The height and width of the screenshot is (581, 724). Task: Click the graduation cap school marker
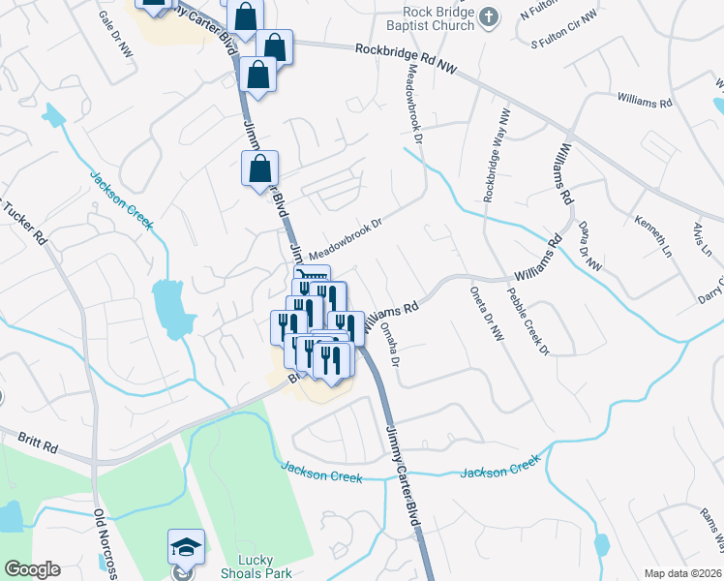click(186, 547)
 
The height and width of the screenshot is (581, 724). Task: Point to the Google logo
click(32, 569)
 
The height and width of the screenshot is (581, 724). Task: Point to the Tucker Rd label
click(24, 223)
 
